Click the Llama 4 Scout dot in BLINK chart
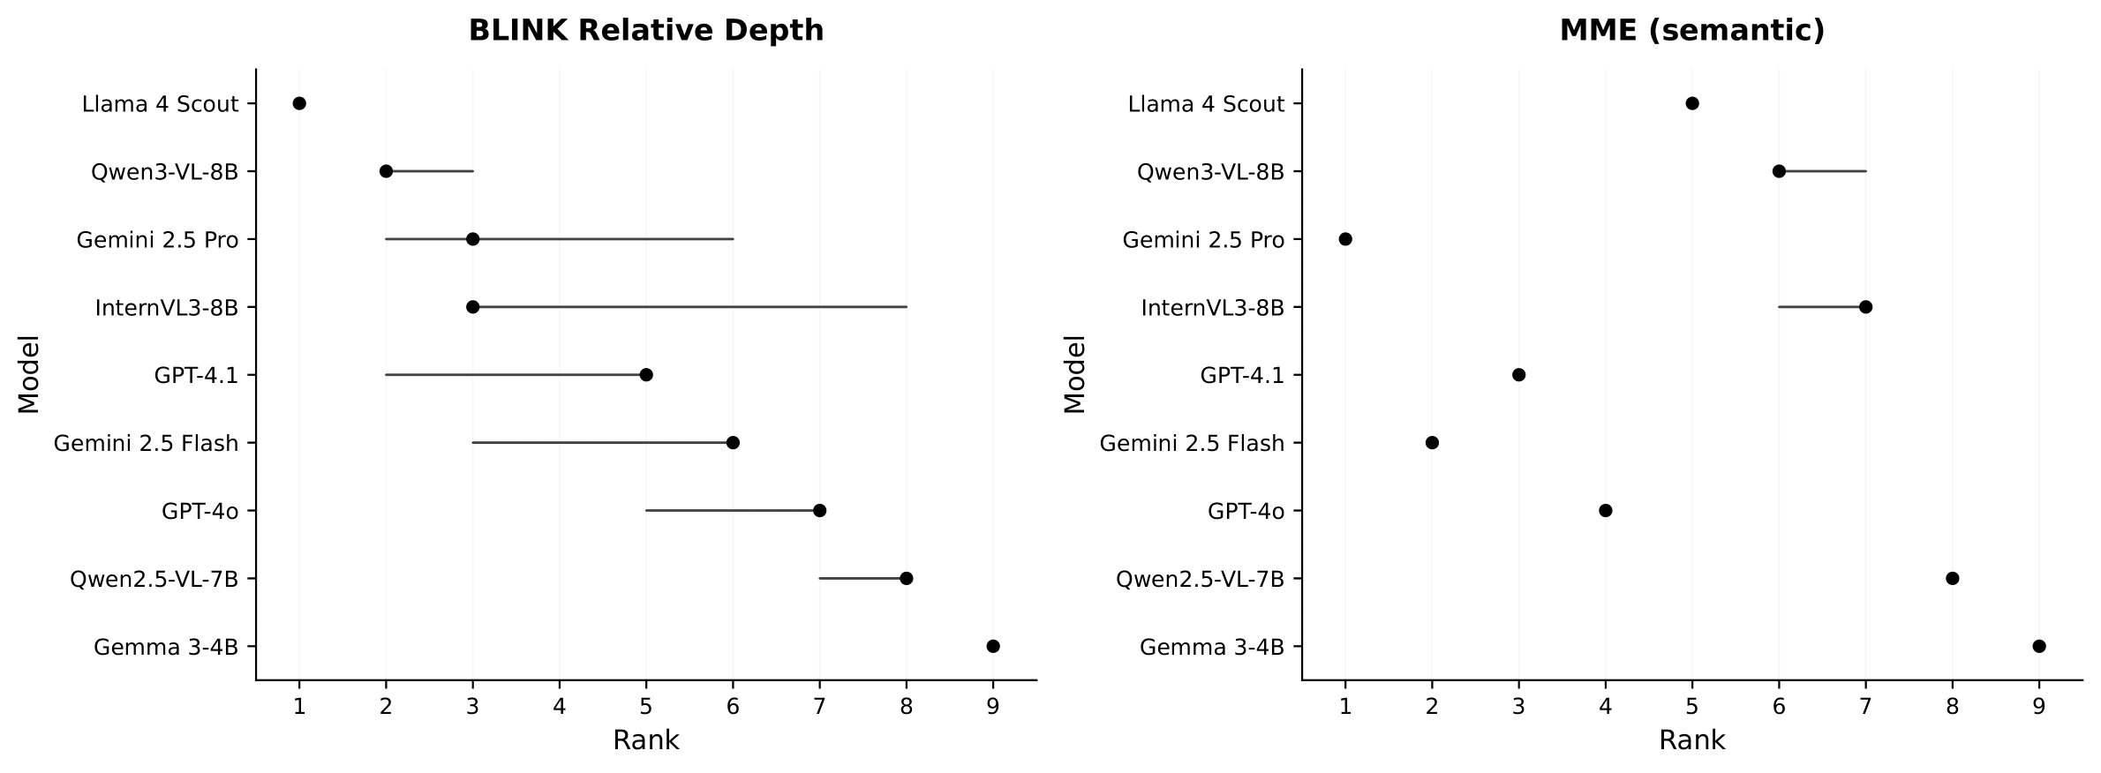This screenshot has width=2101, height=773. pos(299,103)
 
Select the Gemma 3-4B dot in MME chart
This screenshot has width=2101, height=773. pos(2038,646)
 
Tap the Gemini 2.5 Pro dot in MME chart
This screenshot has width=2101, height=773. pos(1344,239)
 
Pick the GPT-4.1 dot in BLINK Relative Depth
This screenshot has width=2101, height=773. pos(646,375)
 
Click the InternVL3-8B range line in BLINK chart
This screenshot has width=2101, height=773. pos(689,307)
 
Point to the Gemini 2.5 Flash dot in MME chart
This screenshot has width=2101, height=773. pos(1432,442)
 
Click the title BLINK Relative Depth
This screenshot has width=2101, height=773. pos(646,31)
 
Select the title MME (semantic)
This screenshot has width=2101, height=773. pos(1691,31)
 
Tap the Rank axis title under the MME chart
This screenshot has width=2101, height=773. pos(1691,740)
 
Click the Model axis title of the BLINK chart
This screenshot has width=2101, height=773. pos(29,374)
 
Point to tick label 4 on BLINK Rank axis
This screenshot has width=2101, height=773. pos(559,706)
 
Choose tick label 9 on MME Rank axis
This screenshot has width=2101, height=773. pos(2038,706)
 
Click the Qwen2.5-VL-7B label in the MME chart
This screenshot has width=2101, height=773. pos(1200,579)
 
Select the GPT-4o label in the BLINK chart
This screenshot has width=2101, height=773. pos(200,511)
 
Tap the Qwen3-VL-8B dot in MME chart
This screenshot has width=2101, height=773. pos(1779,171)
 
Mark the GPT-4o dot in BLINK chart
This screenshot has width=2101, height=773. pos(819,510)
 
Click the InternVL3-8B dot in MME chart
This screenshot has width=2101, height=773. pos(1865,307)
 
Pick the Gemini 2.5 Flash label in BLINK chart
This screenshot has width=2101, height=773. pos(146,443)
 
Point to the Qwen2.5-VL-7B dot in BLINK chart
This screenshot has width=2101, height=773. pos(906,578)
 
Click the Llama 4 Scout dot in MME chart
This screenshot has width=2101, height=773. pos(1691,103)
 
